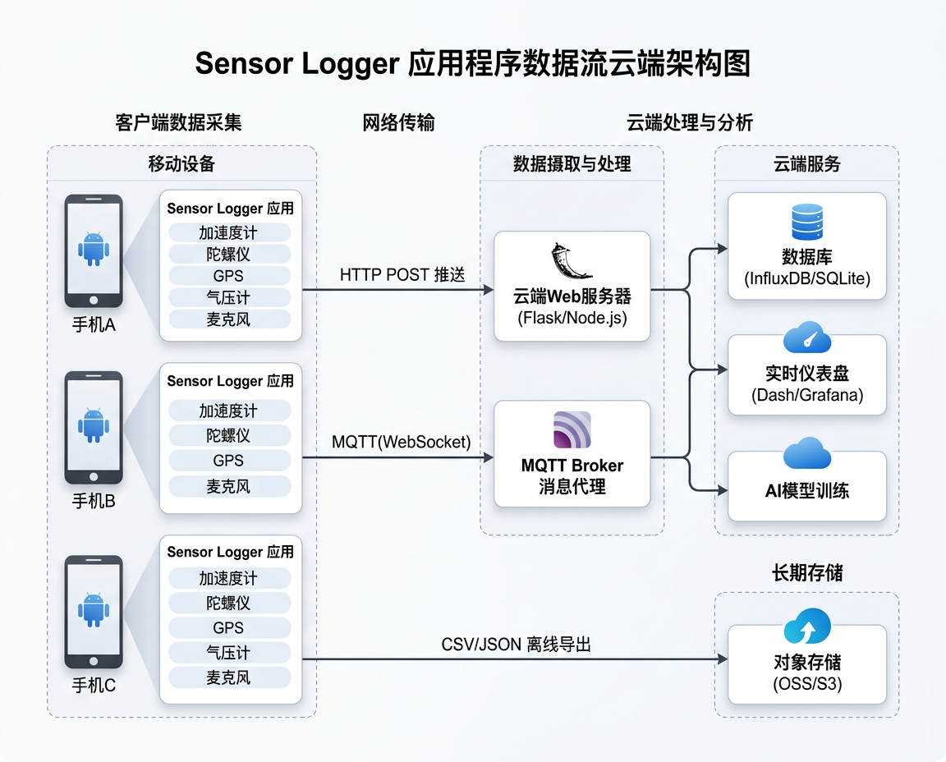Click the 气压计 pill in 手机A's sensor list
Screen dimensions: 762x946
(x=229, y=297)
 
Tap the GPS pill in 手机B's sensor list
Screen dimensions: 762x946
(x=229, y=461)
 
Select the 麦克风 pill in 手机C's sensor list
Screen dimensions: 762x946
(x=229, y=677)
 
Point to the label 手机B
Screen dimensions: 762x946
(x=94, y=500)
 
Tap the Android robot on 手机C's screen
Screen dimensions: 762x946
(x=94, y=609)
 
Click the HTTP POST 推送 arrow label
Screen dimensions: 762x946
(x=402, y=275)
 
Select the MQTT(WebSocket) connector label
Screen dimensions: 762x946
(x=402, y=442)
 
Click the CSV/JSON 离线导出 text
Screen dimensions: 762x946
(x=516, y=645)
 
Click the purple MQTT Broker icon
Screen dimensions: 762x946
(x=572, y=429)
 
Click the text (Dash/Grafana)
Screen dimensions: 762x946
(x=807, y=395)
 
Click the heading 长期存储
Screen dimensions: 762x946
(x=807, y=572)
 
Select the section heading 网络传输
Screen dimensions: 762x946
(x=398, y=123)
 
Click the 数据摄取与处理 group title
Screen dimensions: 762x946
(x=572, y=163)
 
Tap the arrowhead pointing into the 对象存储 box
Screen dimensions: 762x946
(x=723, y=659)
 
